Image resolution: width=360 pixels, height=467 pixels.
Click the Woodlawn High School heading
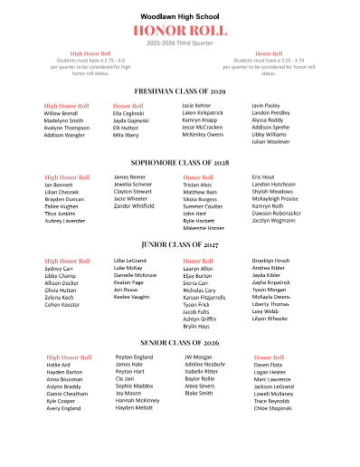[x=180, y=15]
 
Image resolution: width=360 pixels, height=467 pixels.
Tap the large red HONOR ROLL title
[x=180, y=32]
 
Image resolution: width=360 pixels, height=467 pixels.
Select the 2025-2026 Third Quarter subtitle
[x=180, y=43]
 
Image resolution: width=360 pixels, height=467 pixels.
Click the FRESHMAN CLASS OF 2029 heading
[x=180, y=91]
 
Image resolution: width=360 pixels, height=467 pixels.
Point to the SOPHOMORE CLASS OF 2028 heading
[x=180, y=162]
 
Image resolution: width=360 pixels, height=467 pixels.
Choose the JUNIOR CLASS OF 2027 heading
[x=180, y=244]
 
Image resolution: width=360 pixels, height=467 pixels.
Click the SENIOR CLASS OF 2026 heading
[x=180, y=343]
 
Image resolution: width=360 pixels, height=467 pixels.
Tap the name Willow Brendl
[x=62, y=113]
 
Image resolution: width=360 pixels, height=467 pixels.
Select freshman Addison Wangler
[x=65, y=135]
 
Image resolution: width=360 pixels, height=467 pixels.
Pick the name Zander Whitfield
[x=135, y=206]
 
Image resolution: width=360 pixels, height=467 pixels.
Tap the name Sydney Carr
[x=59, y=269]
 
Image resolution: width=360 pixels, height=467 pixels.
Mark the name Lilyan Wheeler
[x=270, y=319]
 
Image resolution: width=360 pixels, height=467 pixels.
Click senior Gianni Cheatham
[x=67, y=394]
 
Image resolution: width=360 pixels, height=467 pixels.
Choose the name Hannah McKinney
[x=137, y=400]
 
